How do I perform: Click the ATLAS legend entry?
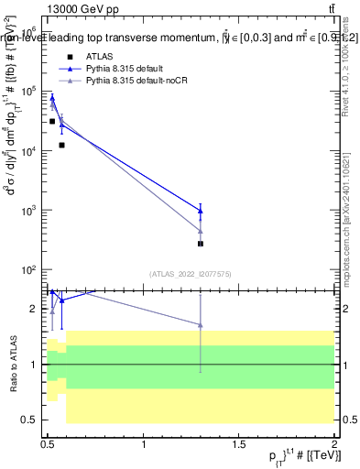pos(98,57)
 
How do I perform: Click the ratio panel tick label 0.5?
pos(30,420)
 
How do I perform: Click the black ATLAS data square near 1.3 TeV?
pos(201,244)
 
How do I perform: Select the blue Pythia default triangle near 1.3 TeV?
pos(201,211)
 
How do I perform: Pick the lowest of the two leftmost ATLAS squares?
pos(61,145)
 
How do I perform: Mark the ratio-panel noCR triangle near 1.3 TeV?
pos(201,324)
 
